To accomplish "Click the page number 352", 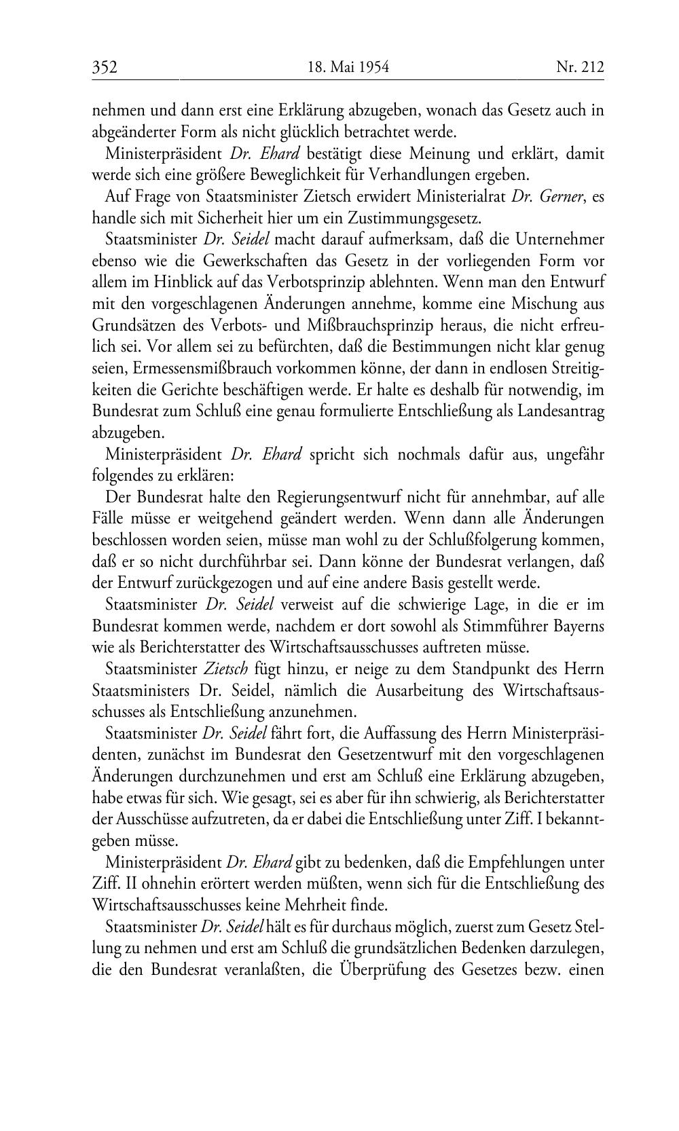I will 105,67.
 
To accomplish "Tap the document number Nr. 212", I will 580,67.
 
